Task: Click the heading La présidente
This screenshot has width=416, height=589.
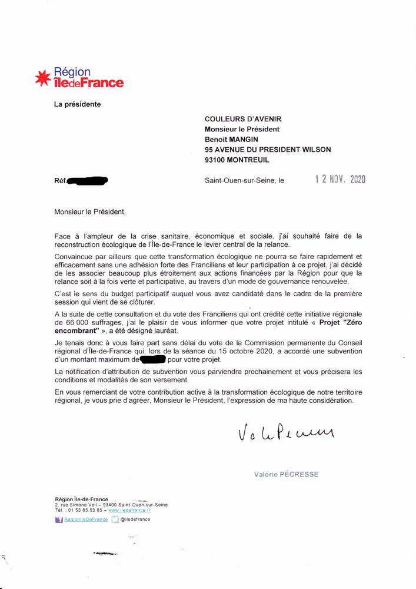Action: tap(78, 105)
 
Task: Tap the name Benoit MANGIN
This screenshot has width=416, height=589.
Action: tap(231, 139)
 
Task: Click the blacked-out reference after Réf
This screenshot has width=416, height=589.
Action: tap(88, 181)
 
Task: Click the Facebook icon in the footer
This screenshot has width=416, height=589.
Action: tap(58, 520)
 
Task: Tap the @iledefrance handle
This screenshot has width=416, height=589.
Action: tap(135, 519)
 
